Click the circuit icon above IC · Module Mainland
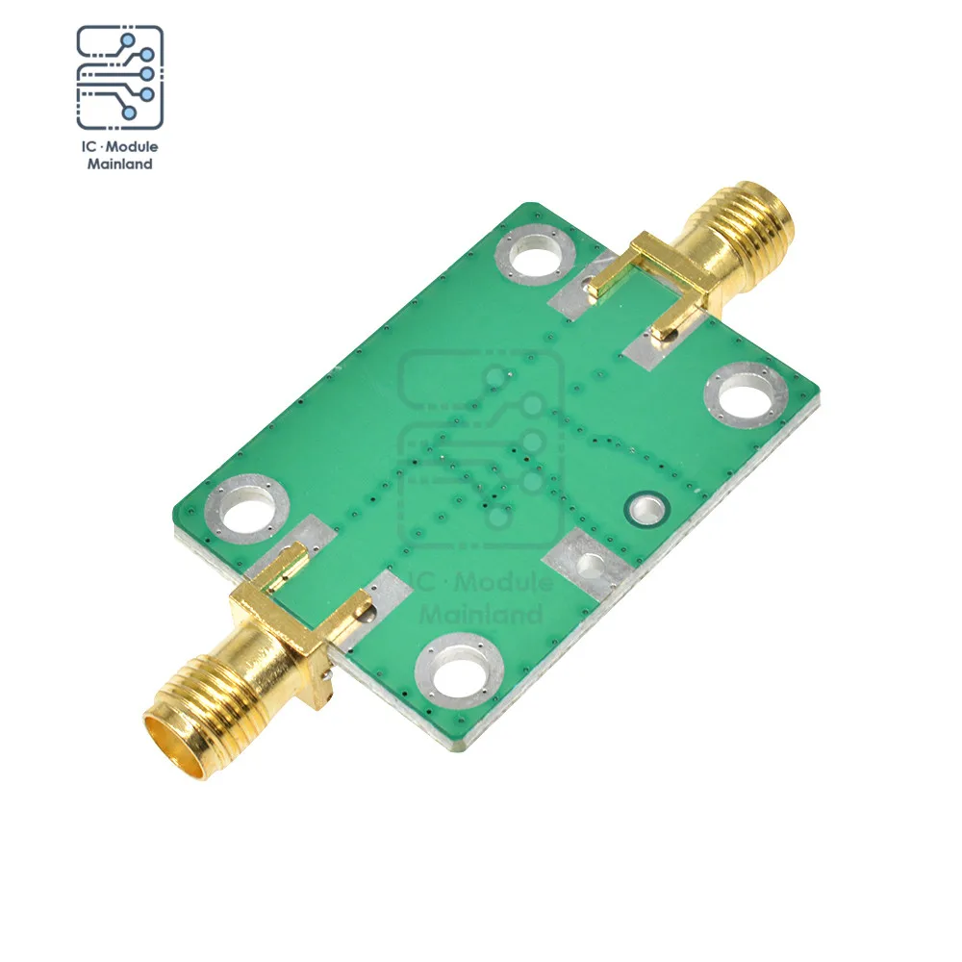click(x=119, y=77)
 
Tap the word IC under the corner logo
click(x=89, y=146)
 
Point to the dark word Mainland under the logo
click(x=119, y=164)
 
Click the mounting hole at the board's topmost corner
click(x=535, y=255)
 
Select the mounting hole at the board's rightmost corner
click(x=747, y=395)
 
